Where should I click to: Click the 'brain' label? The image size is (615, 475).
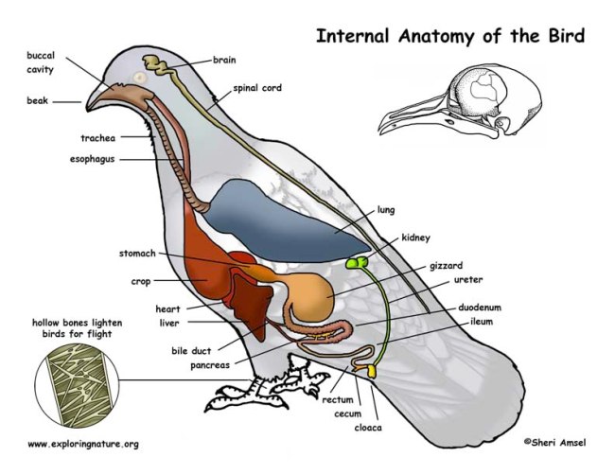click(x=224, y=60)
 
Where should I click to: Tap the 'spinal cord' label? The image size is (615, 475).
click(x=259, y=88)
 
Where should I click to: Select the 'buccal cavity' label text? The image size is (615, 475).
click(x=40, y=62)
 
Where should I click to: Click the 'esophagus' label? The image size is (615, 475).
click(x=92, y=159)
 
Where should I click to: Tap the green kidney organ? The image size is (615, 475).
click(x=357, y=263)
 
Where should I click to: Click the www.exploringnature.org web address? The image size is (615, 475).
click(x=83, y=444)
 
